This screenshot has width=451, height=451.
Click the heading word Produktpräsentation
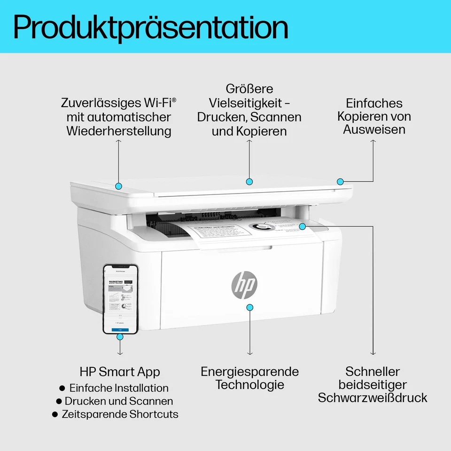point(150,27)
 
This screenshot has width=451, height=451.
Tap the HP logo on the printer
point(244,284)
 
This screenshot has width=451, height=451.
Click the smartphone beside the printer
point(120,299)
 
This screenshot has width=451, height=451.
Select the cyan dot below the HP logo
point(250,307)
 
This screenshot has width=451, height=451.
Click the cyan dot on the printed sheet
point(303,226)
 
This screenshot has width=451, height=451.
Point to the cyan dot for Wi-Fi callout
point(118,186)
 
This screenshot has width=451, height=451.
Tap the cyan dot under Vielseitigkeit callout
point(249,181)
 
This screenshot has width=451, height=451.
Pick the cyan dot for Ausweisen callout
point(340,181)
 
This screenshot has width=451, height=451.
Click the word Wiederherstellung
point(118,131)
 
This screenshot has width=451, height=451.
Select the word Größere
point(249,89)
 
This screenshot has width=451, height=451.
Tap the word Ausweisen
point(374,129)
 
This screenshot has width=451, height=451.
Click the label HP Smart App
point(120,372)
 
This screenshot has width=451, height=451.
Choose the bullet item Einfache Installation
point(118,388)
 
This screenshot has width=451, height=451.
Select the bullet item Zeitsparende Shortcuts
point(120,414)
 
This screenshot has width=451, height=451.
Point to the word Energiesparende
point(249,372)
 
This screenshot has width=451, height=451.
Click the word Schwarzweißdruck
point(373,398)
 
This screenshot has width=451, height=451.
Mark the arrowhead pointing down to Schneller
point(373,353)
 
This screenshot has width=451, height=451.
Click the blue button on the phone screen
point(120,330)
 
